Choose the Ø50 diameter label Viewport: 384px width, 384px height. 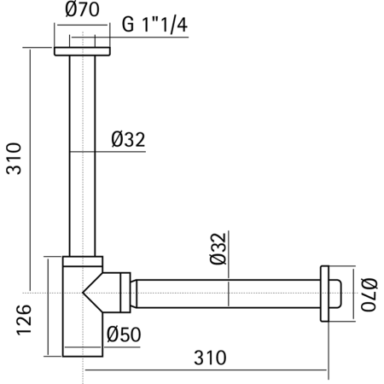[x=124, y=335]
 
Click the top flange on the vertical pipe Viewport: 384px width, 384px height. [x=84, y=49]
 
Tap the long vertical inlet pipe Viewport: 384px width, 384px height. [x=84, y=154]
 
